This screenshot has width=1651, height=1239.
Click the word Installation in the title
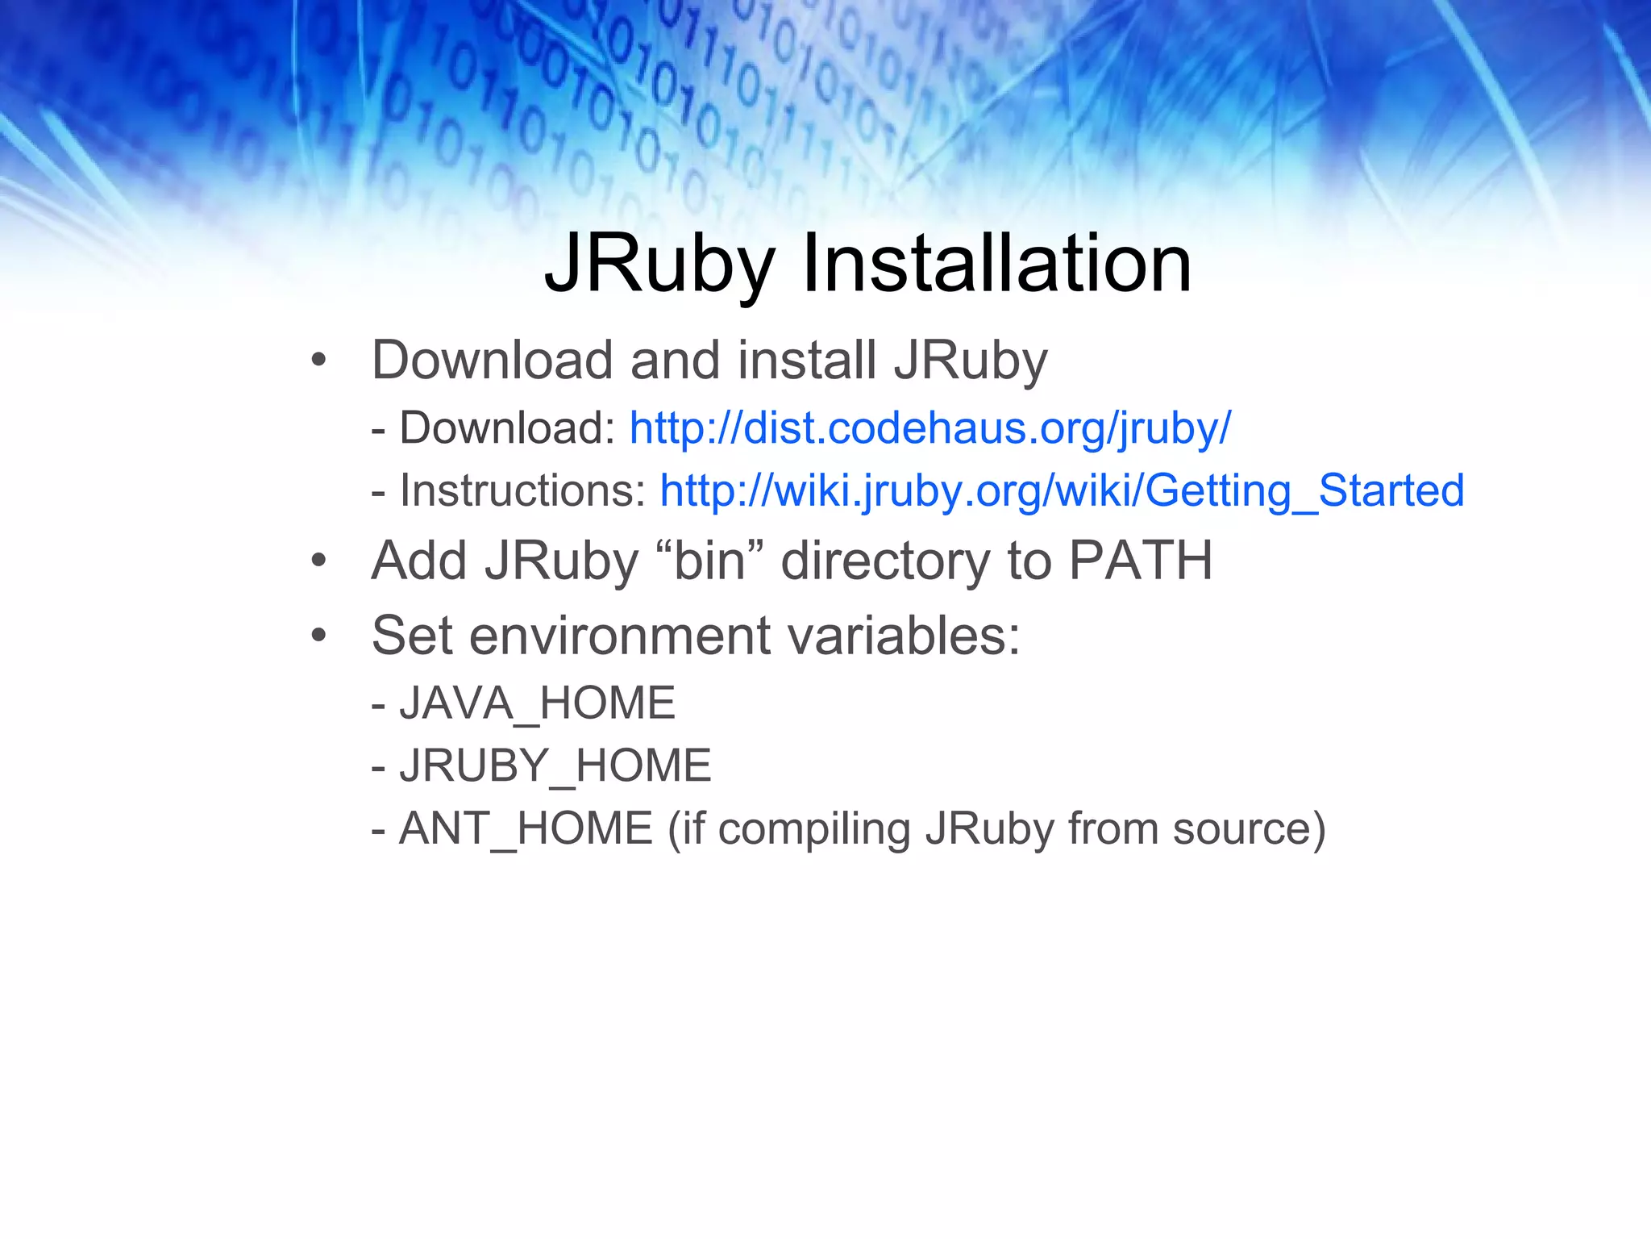point(996,263)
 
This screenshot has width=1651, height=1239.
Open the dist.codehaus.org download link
point(929,428)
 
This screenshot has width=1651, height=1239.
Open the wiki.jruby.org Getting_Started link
point(1062,490)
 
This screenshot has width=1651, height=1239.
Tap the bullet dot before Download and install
point(319,361)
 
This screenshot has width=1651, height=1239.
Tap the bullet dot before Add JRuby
point(319,561)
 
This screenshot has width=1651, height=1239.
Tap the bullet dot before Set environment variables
point(319,636)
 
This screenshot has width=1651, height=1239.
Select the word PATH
point(1140,560)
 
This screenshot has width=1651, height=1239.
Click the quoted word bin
point(710,560)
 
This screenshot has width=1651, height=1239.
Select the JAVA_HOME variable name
point(537,703)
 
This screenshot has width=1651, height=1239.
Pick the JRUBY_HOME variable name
point(555,765)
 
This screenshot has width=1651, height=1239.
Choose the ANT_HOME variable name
point(526,828)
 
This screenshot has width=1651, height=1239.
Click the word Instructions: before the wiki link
point(522,490)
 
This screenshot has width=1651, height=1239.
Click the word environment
point(620,636)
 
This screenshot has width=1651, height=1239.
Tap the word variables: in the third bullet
point(904,636)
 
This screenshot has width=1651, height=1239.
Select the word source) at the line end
point(1249,828)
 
